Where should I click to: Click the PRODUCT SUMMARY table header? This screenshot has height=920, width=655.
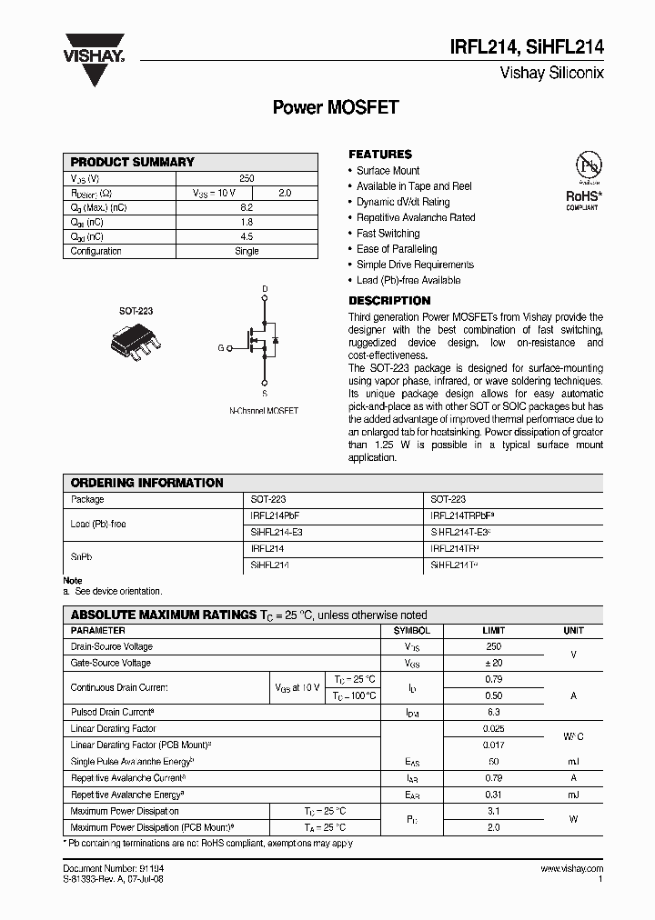[133, 162]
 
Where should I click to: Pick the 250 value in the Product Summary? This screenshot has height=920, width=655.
[247, 179]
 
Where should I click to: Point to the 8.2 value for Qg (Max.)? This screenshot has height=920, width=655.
[247, 208]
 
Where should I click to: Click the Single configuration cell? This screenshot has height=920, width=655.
[247, 252]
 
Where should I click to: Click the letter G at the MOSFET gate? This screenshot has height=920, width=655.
[220, 347]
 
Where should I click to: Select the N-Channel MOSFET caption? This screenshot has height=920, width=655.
[263, 411]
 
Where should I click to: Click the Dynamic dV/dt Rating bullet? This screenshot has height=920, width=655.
[403, 202]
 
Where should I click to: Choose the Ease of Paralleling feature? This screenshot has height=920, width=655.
[397, 249]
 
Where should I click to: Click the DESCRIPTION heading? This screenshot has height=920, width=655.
[389, 301]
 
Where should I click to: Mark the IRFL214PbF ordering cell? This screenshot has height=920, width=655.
[275, 515]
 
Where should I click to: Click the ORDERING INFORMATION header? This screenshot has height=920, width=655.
[147, 483]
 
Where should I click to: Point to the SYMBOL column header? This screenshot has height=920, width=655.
[411, 631]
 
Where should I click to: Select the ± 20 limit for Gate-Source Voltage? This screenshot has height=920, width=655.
[494, 664]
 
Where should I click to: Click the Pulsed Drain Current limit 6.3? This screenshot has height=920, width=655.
[494, 713]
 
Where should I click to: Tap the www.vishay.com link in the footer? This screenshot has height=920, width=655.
[571, 869]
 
